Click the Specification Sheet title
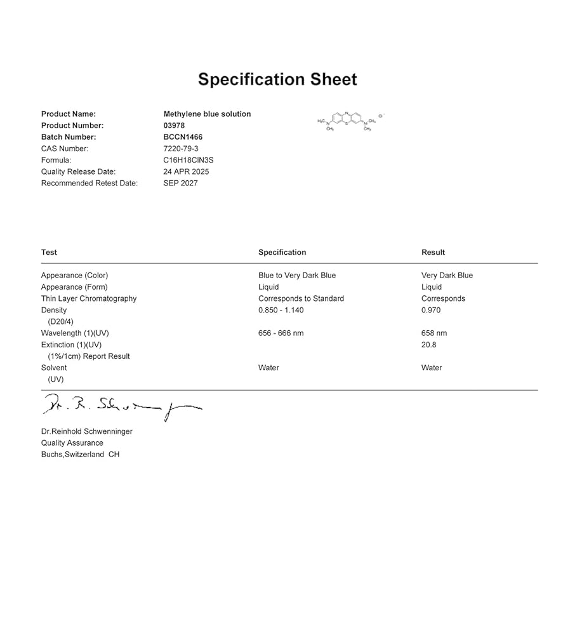(277, 79)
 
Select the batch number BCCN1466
(183, 137)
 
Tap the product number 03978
(174, 126)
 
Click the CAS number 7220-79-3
(181, 149)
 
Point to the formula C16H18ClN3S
(190, 160)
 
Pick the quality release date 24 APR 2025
(186, 171)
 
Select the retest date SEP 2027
(180, 183)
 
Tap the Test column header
(49, 252)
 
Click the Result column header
(433, 252)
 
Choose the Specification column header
(282, 252)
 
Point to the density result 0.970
(431, 310)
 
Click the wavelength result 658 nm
(434, 333)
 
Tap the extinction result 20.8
(429, 345)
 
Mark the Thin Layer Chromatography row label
(89, 298)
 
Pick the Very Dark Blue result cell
(447, 276)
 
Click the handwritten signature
(121, 405)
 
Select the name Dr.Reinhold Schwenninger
(87, 431)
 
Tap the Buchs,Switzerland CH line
(80, 455)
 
